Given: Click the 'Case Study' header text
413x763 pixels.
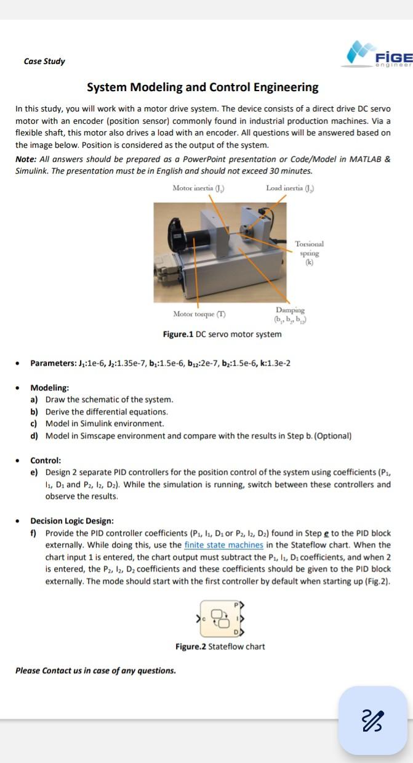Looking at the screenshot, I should [x=44, y=62].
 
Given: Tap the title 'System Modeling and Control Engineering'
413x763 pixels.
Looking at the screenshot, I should [x=202, y=87].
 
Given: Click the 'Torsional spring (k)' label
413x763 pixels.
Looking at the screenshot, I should [x=309, y=253].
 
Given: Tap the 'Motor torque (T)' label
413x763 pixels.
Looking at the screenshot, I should [x=199, y=314].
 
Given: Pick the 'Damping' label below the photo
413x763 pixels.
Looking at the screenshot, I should [x=290, y=311].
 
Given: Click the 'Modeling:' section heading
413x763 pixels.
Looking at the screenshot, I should [x=50, y=388].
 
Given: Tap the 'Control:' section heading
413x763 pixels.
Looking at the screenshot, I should [x=46, y=461].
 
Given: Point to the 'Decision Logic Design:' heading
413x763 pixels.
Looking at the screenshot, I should [x=72, y=521].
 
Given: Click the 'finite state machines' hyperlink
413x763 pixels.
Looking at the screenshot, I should [x=223, y=545].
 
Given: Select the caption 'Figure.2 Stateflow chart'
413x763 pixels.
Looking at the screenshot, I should [x=220, y=647].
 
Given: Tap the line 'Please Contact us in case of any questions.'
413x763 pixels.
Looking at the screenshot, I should [x=95, y=671].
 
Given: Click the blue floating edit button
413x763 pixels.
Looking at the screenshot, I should [x=373, y=720].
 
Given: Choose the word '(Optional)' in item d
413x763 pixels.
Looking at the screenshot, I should [x=332, y=436].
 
